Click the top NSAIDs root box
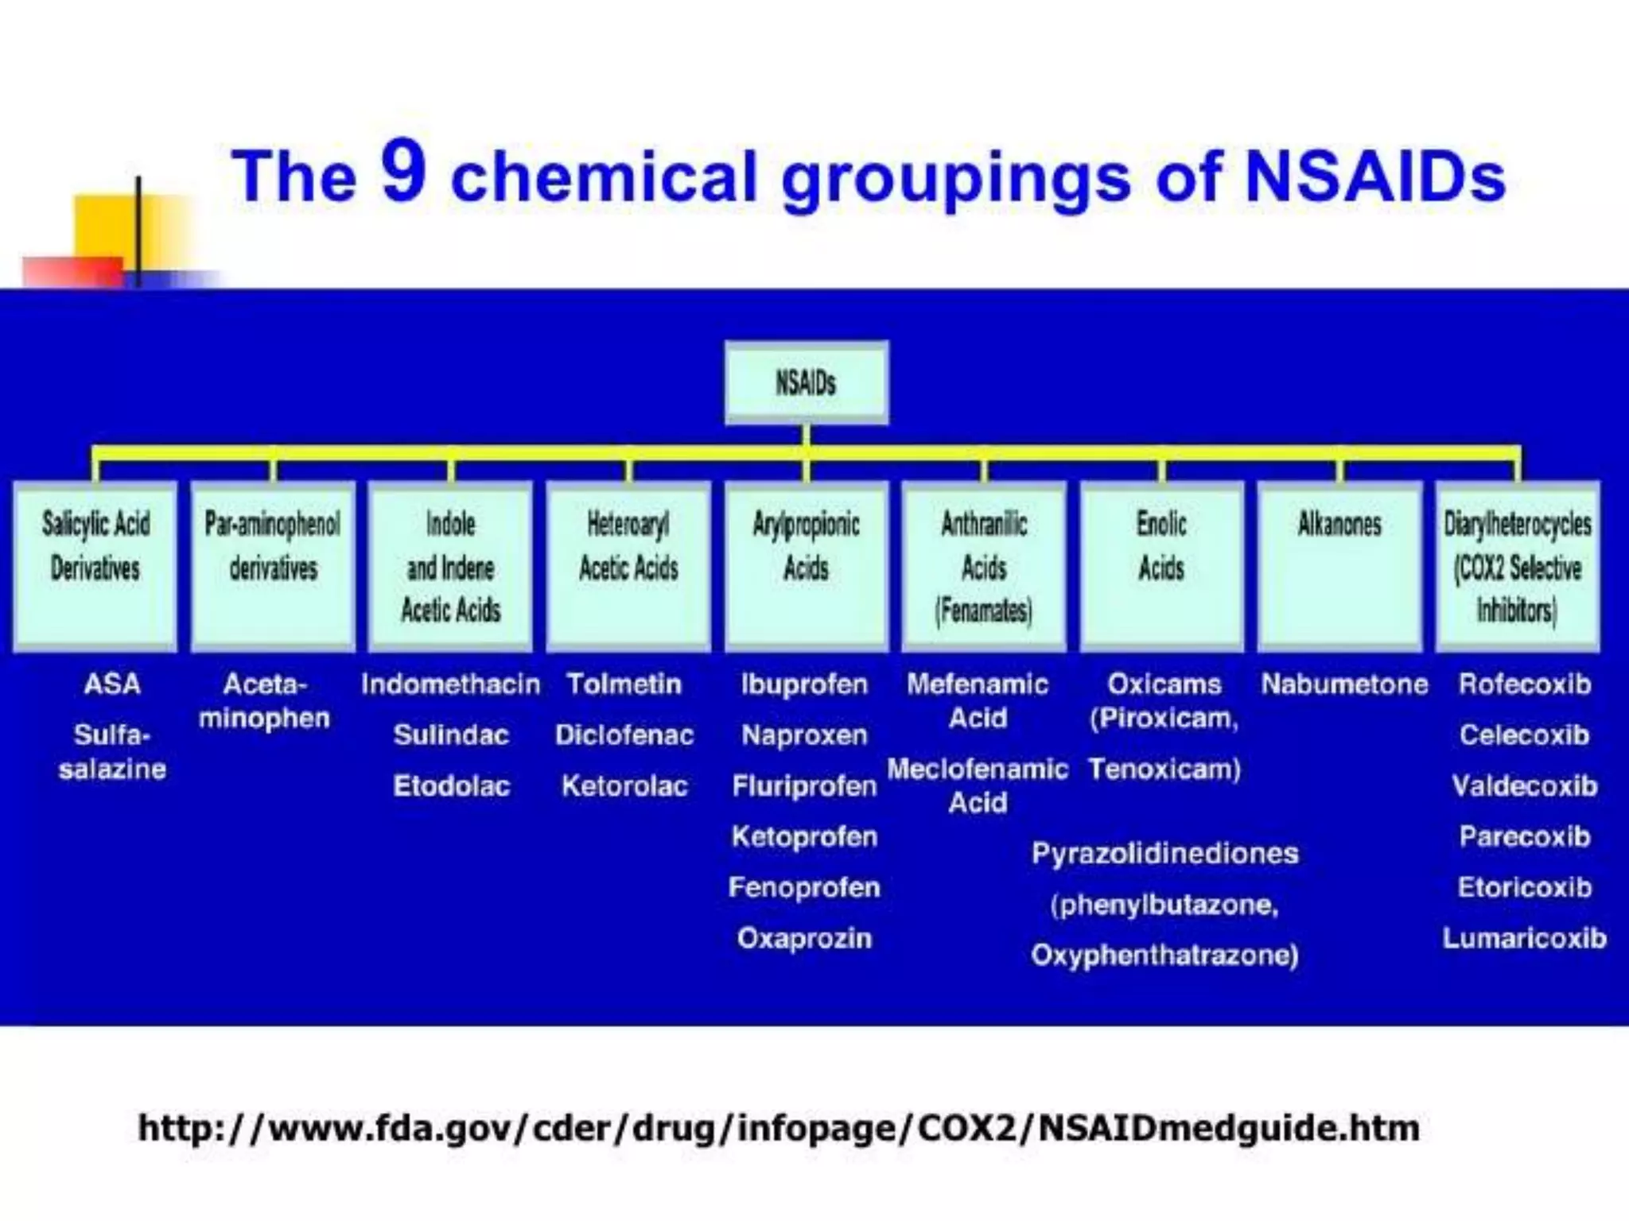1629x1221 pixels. (x=806, y=383)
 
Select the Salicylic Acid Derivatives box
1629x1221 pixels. (x=95, y=566)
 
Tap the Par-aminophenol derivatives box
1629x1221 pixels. (x=273, y=566)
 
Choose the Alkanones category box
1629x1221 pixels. (x=1339, y=566)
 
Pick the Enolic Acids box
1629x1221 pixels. (x=1161, y=566)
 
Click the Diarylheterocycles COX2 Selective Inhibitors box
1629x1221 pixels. (x=1518, y=566)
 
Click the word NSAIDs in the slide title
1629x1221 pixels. (x=1374, y=176)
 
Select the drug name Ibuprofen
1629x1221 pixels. (x=804, y=684)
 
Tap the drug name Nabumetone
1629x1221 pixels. (x=1344, y=684)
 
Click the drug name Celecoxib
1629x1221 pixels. (x=1524, y=735)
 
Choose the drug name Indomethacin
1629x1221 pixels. (x=450, y=684)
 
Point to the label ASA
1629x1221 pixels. (x=112, y=684)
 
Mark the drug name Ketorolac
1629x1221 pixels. (x=624, y=786)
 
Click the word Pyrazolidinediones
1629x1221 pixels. (x=1164, y=854)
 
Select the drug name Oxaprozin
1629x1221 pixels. (x=804, y=939)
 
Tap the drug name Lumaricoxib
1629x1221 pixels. (x=1524, y=939)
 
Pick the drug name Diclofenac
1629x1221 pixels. (x=624, y=735)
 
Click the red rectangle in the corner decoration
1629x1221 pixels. (x=72, y=272)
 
